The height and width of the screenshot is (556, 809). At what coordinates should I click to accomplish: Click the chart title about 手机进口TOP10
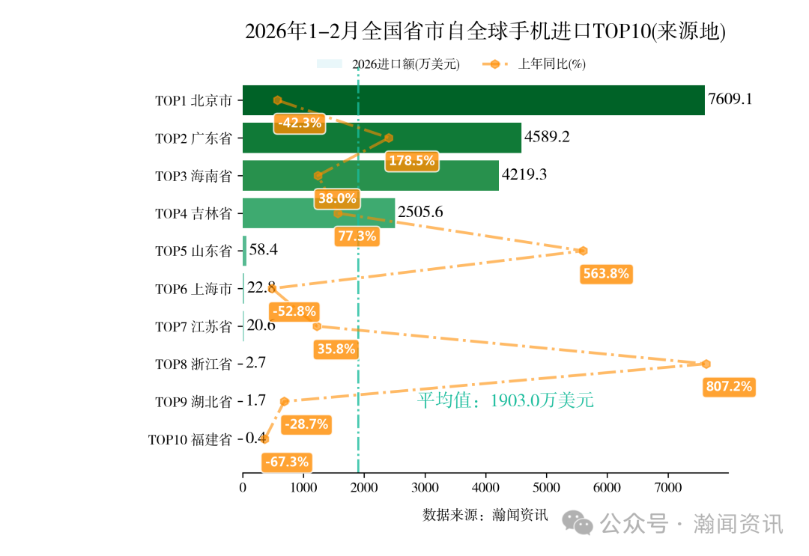coord(485,31)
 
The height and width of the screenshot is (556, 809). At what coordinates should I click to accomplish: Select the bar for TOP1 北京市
coord(473,100)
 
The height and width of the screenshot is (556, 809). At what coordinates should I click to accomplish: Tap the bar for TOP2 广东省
coord(382,138)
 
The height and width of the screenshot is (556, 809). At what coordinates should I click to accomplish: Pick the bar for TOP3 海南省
coord(371,175)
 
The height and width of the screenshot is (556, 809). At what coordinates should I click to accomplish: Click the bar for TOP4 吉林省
coord(318,213)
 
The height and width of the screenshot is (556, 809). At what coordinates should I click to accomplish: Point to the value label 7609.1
coord(730,100)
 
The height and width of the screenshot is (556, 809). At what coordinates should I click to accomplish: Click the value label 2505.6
coord(420,213)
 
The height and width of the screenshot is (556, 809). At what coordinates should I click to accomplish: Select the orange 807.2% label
coord(729,387)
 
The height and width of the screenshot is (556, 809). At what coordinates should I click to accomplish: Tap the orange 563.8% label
coord(606,274)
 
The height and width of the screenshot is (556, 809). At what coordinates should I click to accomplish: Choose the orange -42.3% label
coord(300,123)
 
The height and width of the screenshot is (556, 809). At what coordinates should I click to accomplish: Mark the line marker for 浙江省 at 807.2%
coord(706,364)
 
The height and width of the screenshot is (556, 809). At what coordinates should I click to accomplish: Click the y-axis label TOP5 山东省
coord(193,251)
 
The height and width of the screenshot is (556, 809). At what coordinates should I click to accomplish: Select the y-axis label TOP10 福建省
coord(190,440)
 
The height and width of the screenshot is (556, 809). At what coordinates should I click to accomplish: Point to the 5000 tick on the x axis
coord(546,488)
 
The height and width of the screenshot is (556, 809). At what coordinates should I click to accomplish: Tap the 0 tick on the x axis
coord(243,488)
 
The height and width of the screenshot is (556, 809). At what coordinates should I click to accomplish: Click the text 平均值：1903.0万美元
coord(505,401)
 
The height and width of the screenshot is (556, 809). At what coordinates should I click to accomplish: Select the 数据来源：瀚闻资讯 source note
coord(485,515)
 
